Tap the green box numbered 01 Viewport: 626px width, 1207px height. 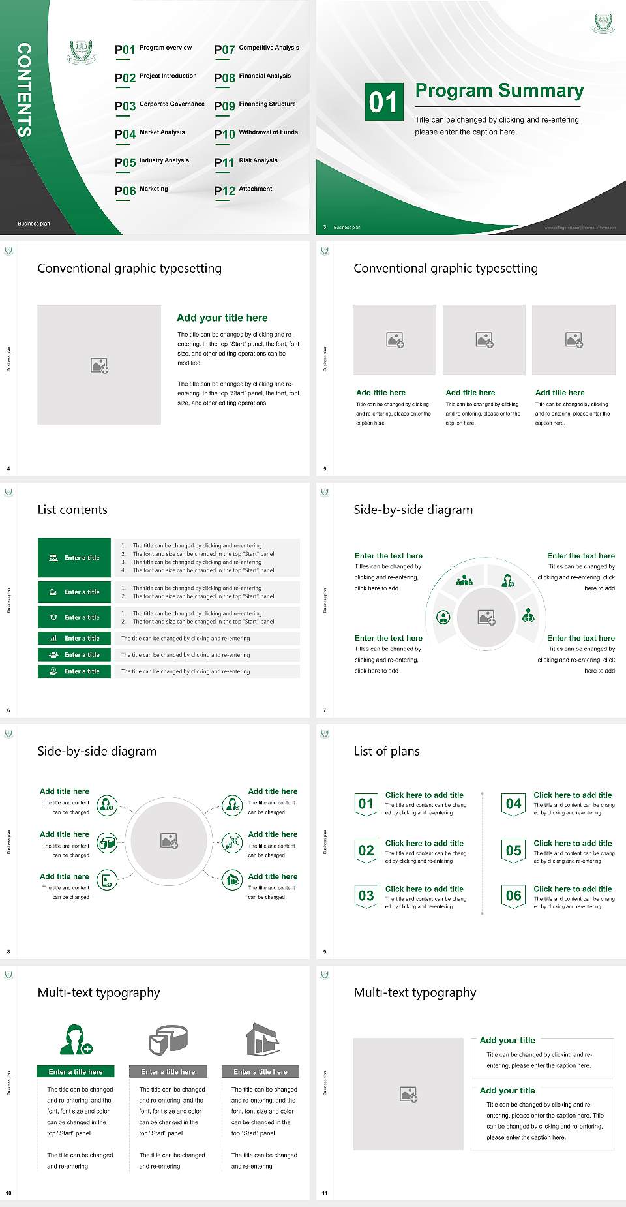tap(383, 102)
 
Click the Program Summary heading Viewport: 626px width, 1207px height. tap(499, 91)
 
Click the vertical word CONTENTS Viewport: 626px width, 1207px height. tap(24, 90)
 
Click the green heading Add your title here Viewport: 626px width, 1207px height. tap(222, 318)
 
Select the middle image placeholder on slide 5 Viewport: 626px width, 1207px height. tap(484, 340)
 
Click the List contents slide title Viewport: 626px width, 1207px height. tap(72, 510)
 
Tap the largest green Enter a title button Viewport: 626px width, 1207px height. tap(74, 558)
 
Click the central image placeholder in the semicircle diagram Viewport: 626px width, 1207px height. tap(486, 617)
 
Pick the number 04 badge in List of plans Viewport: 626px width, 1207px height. tap(514, 804)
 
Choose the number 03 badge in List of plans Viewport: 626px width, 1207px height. tap(366, 896)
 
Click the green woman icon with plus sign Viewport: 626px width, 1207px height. tap(76, 1040)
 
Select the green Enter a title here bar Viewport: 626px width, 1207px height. tap(76, 1071)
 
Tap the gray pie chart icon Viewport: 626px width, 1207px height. tap(168, 1039)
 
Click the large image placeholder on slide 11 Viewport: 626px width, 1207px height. tap(408, 1094)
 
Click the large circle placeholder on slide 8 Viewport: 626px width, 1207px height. tap(169, 840)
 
